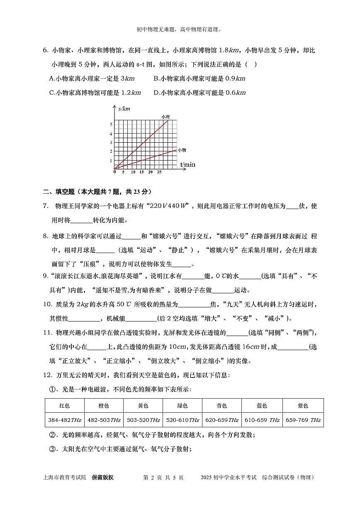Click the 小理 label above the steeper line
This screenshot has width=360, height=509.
click(166, 117)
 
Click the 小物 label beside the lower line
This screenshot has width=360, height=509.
click(182, 150)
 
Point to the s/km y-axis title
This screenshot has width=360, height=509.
click(124, 109)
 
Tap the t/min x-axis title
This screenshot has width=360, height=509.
click(187, 165)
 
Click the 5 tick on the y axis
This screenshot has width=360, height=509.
click(111, 124)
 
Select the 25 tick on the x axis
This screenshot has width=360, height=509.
click(159, 172)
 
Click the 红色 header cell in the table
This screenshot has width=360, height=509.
click(64, 406)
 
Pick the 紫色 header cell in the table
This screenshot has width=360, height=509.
click(303, 406)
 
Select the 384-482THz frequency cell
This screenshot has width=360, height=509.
click(64, 420)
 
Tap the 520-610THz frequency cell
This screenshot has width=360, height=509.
click(182, 420)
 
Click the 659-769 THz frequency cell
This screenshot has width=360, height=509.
click(303, 420)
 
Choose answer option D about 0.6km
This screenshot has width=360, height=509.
click(199, 93)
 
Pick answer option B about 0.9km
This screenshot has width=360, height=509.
click(199, 78)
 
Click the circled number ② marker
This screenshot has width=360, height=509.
click(52, 435)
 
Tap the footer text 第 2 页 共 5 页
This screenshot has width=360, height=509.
click(163, 477)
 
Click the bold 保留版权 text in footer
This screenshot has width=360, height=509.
click(102, 477)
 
